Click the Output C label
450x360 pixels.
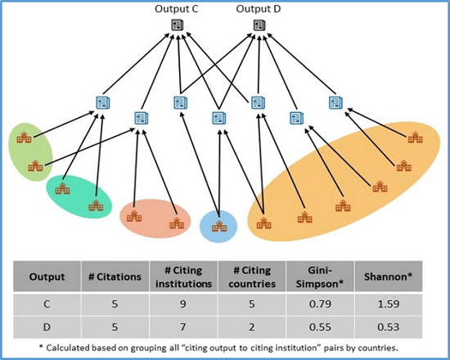click(x=177, y=9)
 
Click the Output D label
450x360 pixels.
click(x=259, y=9)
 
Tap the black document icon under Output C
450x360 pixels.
click(x=178, y=25)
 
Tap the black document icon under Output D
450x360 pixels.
click(x=259, y=25)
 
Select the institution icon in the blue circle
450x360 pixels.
click(x=219, y=226)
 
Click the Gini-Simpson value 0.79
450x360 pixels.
click(x=320, y=304)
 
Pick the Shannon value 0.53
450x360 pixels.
click(x=389, y=327)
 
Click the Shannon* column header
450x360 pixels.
click(x=389, y=277)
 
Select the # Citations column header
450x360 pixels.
click(x=115, y=277)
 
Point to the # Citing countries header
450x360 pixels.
click(x=252, y=277)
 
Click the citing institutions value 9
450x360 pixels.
click(x=183, y=304)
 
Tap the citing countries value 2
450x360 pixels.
click(x=252, y=327)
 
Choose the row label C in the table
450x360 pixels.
click(x=47, y=304)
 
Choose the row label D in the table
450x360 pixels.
click(x=47, y=327)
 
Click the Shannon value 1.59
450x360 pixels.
click(x=389, y=304)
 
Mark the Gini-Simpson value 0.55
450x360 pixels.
click(x=320, y=327)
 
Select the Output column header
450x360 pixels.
click(x=47, y=277)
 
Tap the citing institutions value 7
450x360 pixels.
click(x=183, y=327)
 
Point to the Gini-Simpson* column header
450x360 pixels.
click(x=320, y=277)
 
